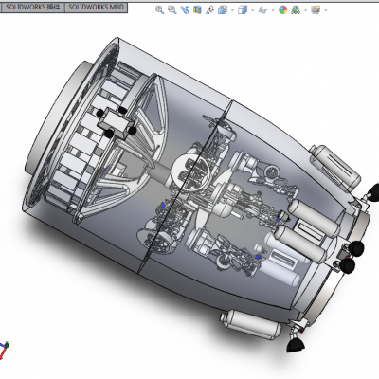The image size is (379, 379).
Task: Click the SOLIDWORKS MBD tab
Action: (96, 7)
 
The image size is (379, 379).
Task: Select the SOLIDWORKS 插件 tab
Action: (32, 7)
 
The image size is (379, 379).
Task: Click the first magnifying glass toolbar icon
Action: (159, 10)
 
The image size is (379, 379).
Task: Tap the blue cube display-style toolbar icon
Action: (243, 10)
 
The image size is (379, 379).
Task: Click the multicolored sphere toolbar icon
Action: (282, 10)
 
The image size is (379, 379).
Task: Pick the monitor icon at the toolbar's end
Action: (316, 10)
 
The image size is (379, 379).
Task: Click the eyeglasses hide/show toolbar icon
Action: (262, 10)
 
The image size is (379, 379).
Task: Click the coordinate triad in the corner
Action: (4, 350)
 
